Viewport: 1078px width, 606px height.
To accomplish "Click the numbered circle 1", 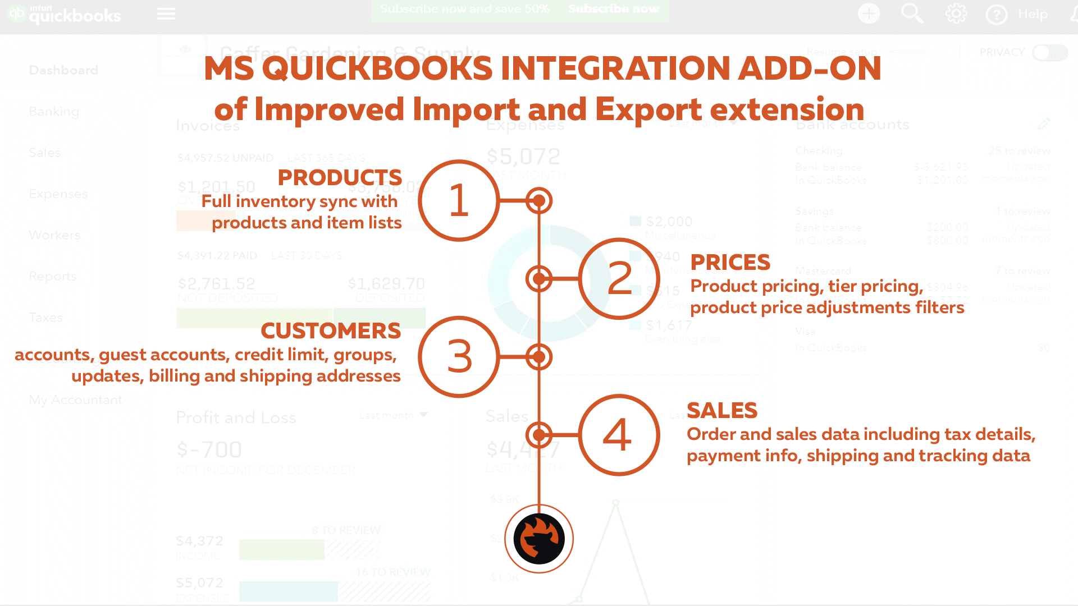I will coord(459,200).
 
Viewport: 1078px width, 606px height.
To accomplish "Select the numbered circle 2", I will coord(619,278).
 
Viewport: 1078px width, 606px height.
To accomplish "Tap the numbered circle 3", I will coord(459,357).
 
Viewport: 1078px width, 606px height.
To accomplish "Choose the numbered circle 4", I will coord(618,435).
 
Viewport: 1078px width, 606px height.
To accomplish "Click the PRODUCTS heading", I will coord(340,178).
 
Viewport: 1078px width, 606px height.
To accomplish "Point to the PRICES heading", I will coord(730,262).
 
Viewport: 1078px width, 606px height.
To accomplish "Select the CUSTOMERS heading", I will coord(331,331).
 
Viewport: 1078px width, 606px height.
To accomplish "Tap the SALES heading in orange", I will coord(722,411).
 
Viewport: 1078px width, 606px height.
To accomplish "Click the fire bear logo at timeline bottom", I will coord(539,539).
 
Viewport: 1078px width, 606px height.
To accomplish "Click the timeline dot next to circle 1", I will coord(539,200).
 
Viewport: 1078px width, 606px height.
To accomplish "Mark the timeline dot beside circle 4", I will coord(539,435).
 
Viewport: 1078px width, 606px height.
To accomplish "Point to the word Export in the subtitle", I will coord(645,109).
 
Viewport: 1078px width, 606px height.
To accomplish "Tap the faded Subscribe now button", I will coord(613,9).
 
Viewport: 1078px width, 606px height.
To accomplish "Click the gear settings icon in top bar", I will coord(956,13).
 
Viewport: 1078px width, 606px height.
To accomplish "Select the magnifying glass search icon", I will coord(911,13).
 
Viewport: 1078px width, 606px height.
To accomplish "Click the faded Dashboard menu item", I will coord(63,70).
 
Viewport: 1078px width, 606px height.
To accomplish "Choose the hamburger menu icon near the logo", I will coord(166,13).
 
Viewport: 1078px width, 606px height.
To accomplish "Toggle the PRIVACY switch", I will coord(1049,52).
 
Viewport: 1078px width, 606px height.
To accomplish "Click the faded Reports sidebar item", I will coord(53,276).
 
